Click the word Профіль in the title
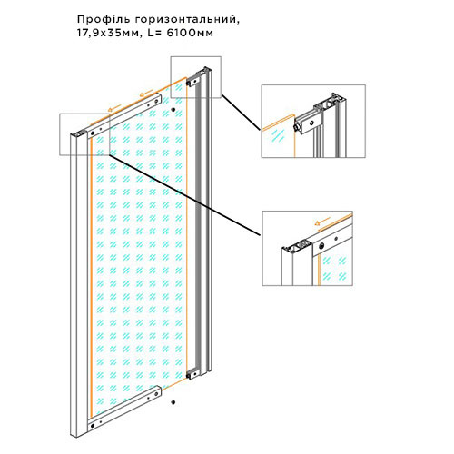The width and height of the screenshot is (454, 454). click(x=104, y=19)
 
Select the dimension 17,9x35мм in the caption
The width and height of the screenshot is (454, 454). click(x=110, y=33)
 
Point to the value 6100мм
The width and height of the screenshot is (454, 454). click(x=190, y=33)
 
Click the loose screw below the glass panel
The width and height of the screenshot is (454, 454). click(x=173, y=402)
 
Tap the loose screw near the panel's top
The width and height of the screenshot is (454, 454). click(x=173, y=110)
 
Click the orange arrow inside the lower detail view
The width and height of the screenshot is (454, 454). click(x=322, y=222)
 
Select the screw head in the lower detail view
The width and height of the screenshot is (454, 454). click(x=321, y=246)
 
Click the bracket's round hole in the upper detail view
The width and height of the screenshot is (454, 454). click(x=311, y=123)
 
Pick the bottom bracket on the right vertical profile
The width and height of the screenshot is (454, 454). click(x=192, y=374)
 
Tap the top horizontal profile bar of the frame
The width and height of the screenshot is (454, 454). click(x=124, y=115)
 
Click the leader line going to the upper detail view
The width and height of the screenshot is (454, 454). click(x=241, y=113)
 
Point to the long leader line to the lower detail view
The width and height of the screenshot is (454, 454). click(x=184, y=194)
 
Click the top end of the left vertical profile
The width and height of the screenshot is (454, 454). click(x=78, y=134)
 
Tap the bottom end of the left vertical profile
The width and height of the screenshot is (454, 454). click(x=77, y=433)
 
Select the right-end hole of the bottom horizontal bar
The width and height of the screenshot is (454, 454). click(x=156, y=394)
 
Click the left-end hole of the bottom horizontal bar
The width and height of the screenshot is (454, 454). click(x=93, y=426)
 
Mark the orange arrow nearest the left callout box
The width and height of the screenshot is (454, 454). click(x=114, y=108)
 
